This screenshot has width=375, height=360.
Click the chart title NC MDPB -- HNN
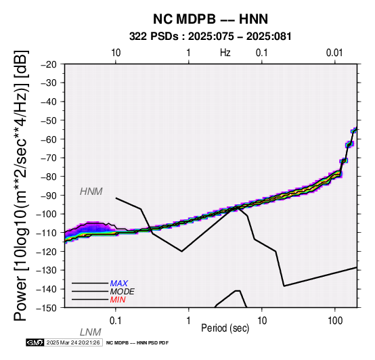click(x=211, y=19)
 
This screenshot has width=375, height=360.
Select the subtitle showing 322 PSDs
click(x=211, y=37)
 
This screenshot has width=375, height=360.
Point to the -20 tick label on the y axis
click(x=49, y=64)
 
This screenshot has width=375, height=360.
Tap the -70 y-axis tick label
click(x=49, y=158)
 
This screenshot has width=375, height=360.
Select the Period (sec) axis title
click(x=225, y=328)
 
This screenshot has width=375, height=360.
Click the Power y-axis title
click(x=21, y=186)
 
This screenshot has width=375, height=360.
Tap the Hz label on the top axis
click(x=225, y=53)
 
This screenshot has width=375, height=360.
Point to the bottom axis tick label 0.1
click(x=115, y=321)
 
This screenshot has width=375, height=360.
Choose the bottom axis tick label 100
click(x=335, y=321)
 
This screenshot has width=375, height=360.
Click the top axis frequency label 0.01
click(x=334, y=53)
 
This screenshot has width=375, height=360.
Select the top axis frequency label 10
click(x=116, y=53)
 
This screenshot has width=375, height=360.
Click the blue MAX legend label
click(x=118, y=284)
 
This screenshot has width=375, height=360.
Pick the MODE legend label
click(x=122, y=292)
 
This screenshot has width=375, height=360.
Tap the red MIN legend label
click(x=118, y=300)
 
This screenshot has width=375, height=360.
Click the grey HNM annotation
click(x=91, y=192)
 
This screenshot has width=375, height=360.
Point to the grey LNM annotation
click(x=91, y=332)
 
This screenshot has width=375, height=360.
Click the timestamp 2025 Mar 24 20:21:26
click(x=73, y=342)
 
